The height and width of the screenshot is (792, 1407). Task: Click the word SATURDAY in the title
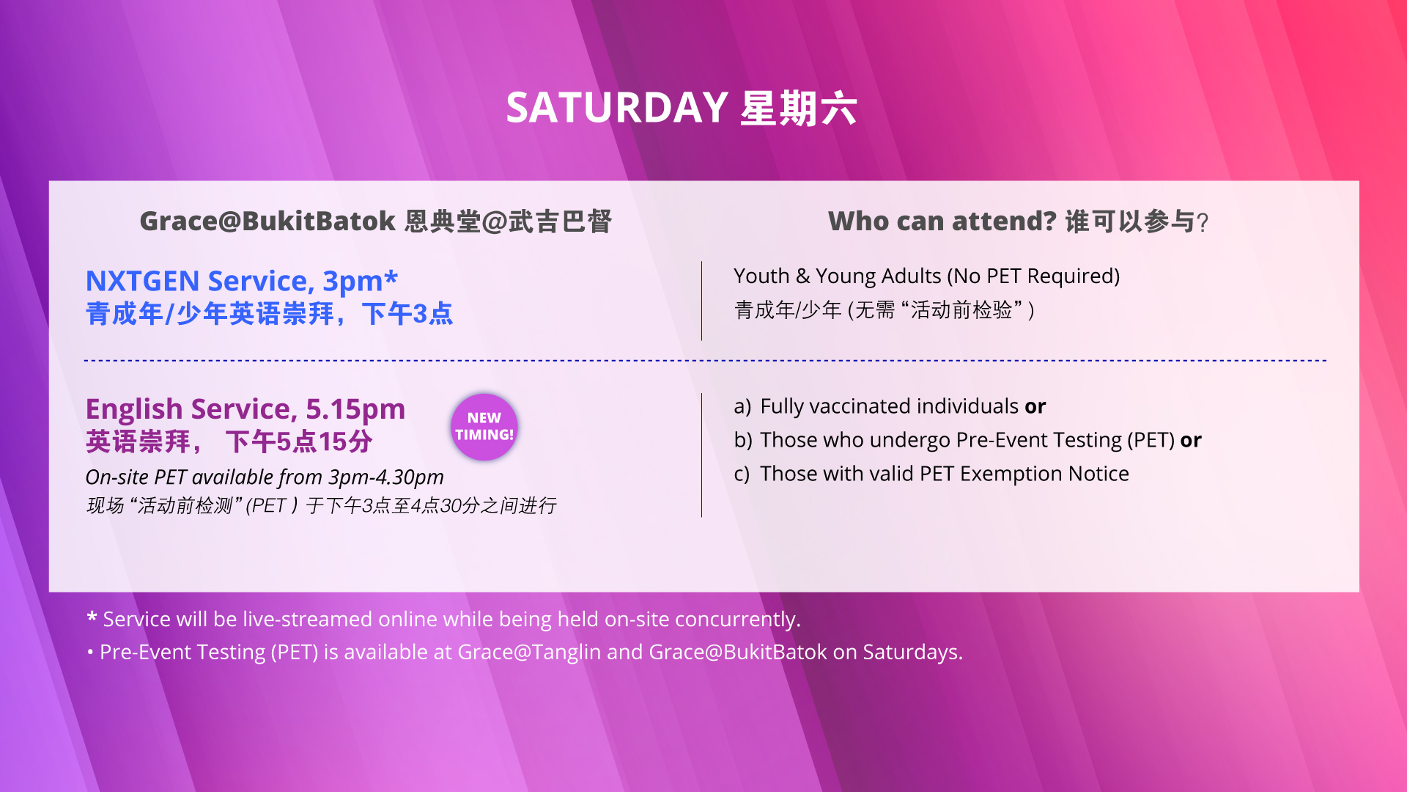[x=616, y=108]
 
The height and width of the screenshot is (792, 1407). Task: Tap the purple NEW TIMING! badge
[x=484, y=427]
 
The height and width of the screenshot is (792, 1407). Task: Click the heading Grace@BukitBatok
[x=267, y=221]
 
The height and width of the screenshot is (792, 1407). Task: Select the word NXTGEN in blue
[x=143, y=281]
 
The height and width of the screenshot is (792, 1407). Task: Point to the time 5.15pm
[x=355, y=409]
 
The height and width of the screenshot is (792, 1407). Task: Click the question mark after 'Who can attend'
[x=1202, y=221]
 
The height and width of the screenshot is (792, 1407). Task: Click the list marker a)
[x=742, y=406]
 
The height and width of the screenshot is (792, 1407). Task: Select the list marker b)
[x=743, y=440]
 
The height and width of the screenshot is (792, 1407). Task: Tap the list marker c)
[x=742, y=474]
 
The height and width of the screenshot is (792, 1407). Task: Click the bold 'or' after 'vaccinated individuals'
[x=1035, y=407]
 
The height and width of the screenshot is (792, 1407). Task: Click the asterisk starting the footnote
[x=92, y=617]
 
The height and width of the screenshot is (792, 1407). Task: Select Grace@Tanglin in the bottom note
[x=529, y=652]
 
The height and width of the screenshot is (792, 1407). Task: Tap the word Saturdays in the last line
[x=912, y=652]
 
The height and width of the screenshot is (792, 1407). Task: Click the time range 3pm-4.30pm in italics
[x=386, y=477]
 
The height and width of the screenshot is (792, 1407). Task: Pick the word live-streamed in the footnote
[x=308, y=619]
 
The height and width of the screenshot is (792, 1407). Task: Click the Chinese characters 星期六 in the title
[x=798, y=109]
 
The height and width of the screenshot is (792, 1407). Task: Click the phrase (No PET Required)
[x=1033, y=276]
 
